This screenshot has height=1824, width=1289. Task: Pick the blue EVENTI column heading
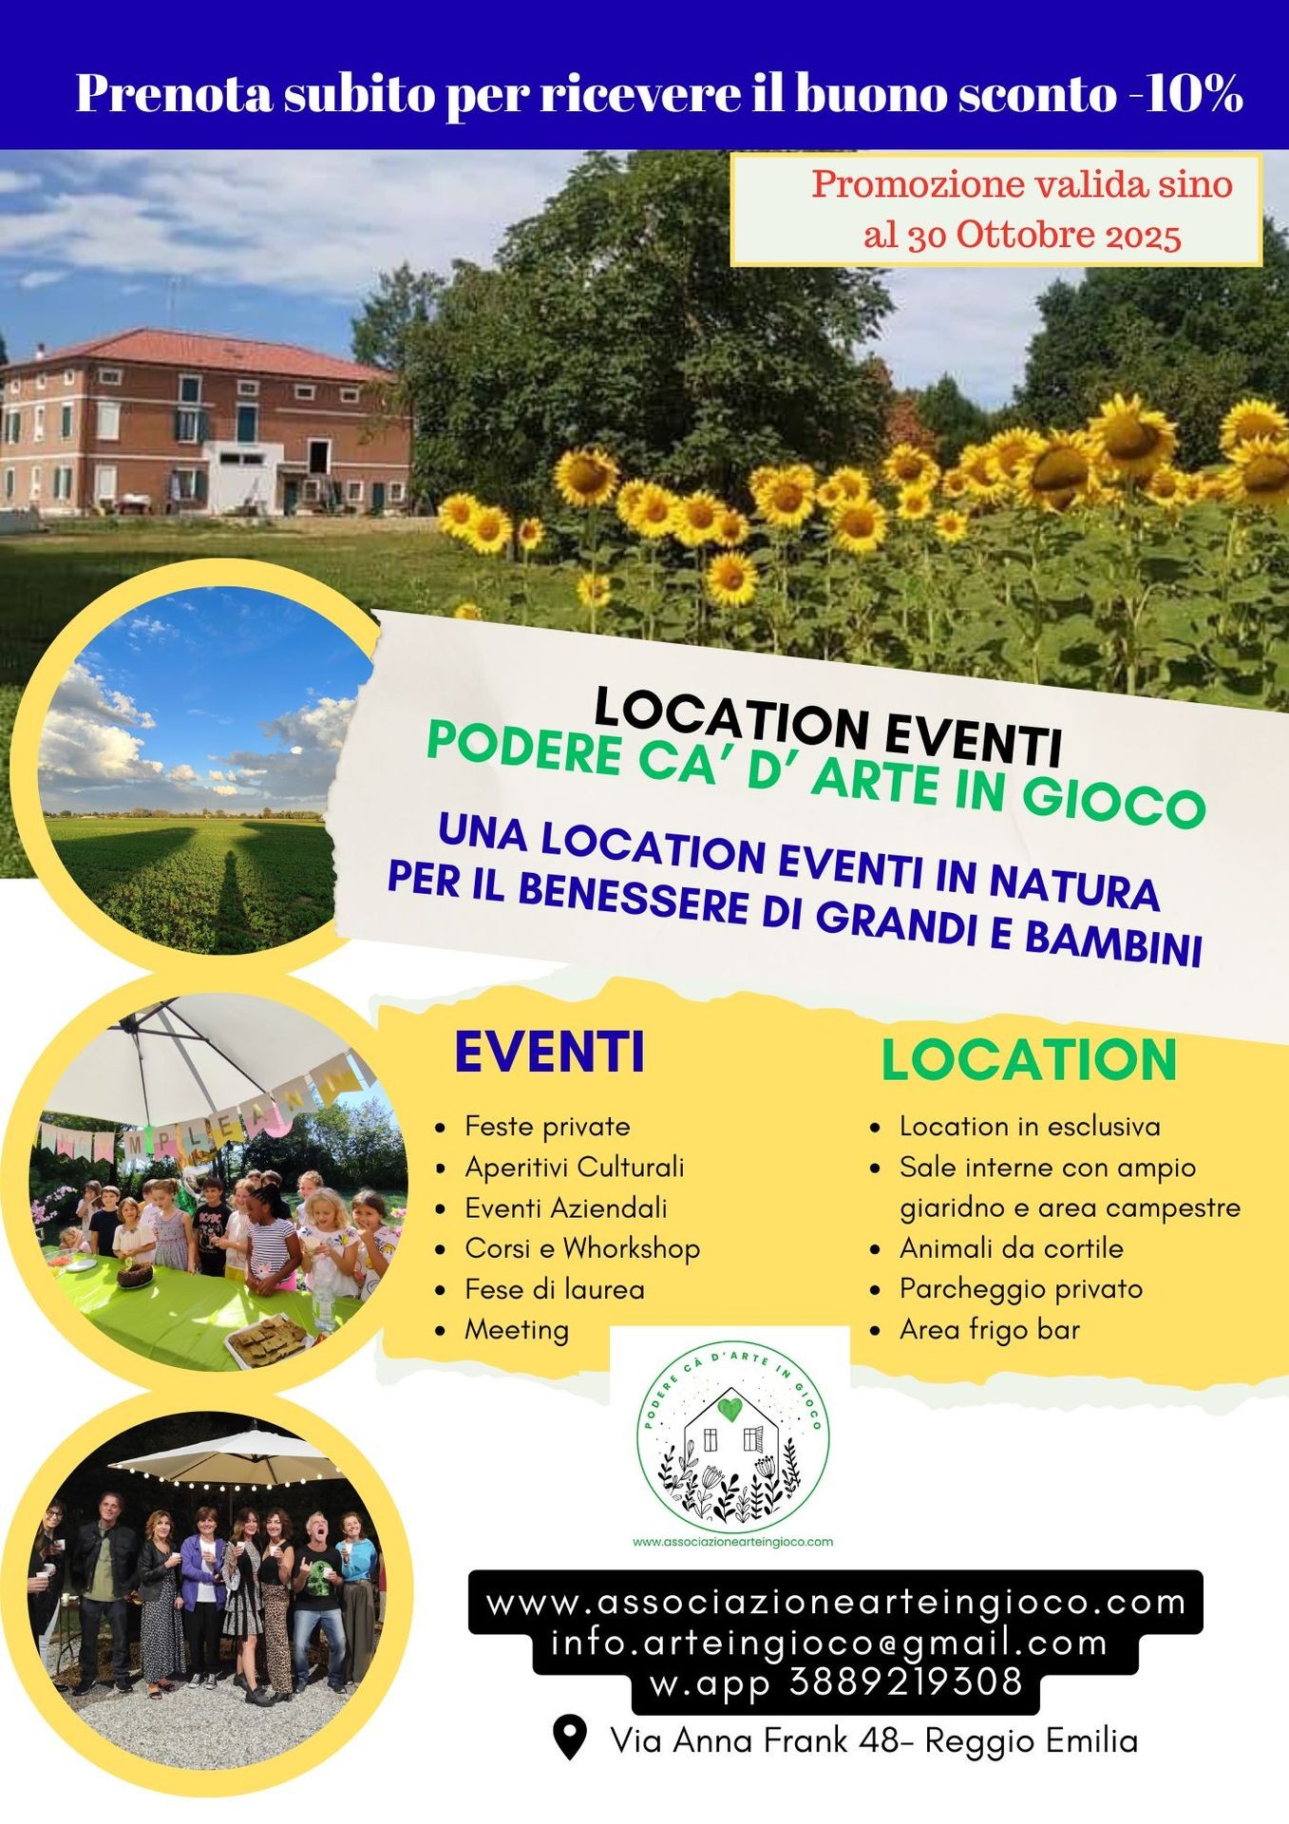[x=549, y=1052]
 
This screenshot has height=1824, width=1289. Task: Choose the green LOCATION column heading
[x=1029, y=1059]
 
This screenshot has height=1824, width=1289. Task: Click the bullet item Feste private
[x=547, y=1127]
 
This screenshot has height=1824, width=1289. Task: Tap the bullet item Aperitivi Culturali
[x=574, y=1168]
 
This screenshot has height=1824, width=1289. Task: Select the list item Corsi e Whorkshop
[x=581, y=1248]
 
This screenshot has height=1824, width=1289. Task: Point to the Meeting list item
[x=516, y=1330]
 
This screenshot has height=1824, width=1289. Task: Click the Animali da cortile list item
[x=1011, y=1248]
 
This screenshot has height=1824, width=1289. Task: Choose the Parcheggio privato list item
[x=1020, y=1289]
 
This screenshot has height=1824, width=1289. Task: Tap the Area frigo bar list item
[x=989, y=1330]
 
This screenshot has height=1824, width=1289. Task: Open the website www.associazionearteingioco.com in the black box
[x=836, y=1603]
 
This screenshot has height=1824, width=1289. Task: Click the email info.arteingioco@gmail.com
[x=828, y=1643]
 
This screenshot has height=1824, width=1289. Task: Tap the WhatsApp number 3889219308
[x=904, y=1682]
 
